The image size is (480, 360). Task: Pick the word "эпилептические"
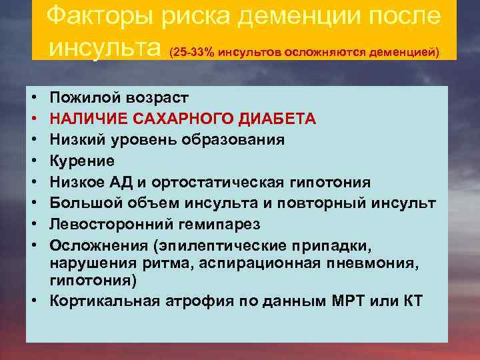coord(237,245)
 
